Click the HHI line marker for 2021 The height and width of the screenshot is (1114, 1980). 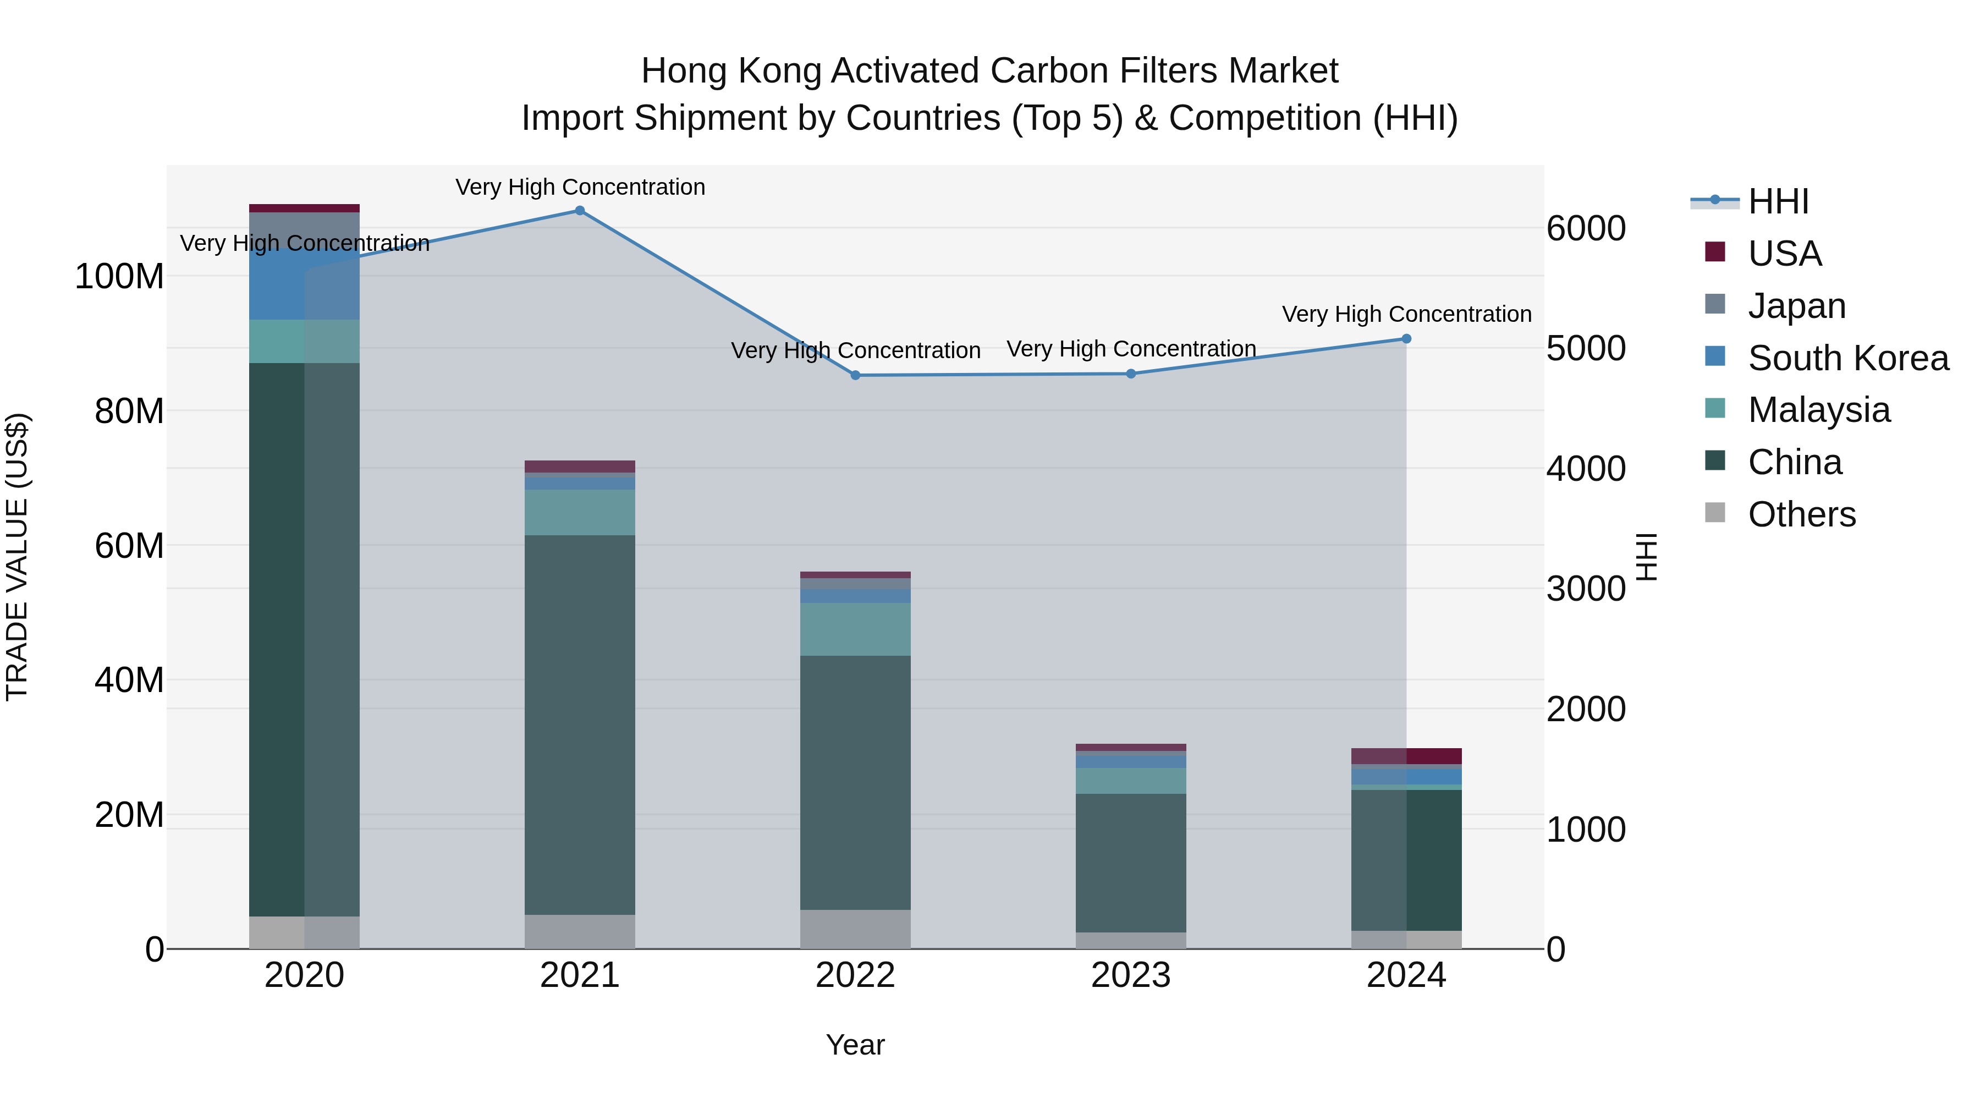[580, 211]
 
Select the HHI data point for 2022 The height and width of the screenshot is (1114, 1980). [855, 375]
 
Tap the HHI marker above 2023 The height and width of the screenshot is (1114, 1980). [1131, 374]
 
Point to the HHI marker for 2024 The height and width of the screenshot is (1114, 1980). [1406, 339]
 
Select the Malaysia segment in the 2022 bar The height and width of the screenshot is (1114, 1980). [855, 629]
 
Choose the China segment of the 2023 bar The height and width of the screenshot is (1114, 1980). [1131, 863]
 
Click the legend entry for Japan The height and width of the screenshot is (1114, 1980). [1796, 306]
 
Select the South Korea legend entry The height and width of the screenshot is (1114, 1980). [1848, 358]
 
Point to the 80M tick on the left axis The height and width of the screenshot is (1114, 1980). [129, 411]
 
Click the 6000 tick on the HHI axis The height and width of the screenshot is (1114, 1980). [1585, 228]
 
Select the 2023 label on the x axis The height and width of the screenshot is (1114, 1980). [1131, 975]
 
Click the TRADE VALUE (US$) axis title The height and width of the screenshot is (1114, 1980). [18, 556]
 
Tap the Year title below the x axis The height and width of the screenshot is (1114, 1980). [855, 1045]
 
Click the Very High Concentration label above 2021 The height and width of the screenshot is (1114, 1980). [580, 187]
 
